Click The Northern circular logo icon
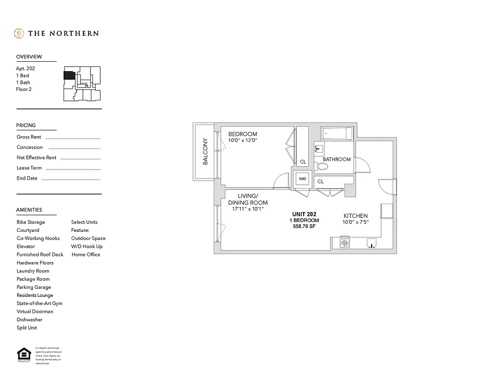coord(19,33)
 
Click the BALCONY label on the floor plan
coord(205,151)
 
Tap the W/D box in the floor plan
coord(301,179)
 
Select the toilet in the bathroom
coord(323,165)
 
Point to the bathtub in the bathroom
coord(337,134)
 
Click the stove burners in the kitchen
coord(345,243)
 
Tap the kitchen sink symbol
coord(372,244)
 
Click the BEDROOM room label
coord(243,134)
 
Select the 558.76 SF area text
coord(304,227)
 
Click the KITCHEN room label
coord(356,216)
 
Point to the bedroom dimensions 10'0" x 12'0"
coord(243,140)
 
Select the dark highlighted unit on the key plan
coord(69,75)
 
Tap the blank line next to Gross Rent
coord(73,138)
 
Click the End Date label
coord(27,178)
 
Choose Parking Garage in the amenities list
coord(34,287)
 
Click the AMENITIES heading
coord(29,210)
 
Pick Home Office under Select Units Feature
coord(86,254)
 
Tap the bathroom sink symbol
coord(319,149)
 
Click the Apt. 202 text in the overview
coord(25,68)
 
